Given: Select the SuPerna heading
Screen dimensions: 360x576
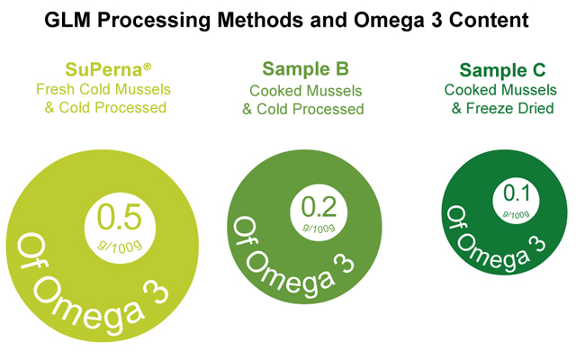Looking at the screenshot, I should tap(105, 70).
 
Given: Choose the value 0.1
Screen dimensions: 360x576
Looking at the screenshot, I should tap(514, 193).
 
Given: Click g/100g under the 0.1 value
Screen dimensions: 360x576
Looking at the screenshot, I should tap(514, 212).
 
